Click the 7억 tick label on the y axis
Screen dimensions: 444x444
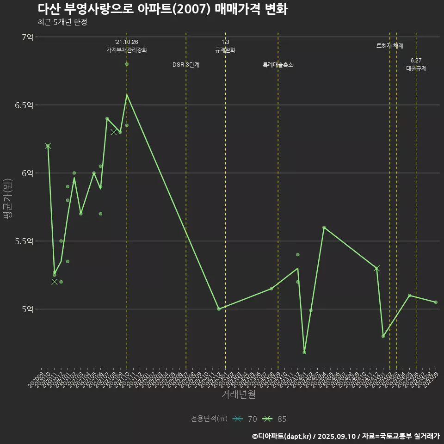[27, 37]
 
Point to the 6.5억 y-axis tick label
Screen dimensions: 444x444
[24, 105]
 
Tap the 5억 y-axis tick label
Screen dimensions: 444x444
[27, 309]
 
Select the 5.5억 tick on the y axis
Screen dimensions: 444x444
[24, 241]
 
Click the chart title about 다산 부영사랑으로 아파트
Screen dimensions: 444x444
[162, 9]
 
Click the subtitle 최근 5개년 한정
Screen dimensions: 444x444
[62, 22]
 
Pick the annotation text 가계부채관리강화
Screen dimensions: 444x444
[127, 50]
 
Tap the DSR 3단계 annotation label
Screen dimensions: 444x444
[186, 65]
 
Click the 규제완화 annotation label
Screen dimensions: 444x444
[225, 50]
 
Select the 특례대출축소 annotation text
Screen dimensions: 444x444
[278, 65]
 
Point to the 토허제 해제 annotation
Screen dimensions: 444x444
[390, 46]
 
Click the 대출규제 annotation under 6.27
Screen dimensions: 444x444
[416, 68]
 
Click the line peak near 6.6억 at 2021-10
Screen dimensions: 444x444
[127, 95]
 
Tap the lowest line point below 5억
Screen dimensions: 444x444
[304, 352]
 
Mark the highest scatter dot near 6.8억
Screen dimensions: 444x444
[127, 64]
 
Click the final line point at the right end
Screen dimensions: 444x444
[436, 302]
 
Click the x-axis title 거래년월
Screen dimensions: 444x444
[238, 395]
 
